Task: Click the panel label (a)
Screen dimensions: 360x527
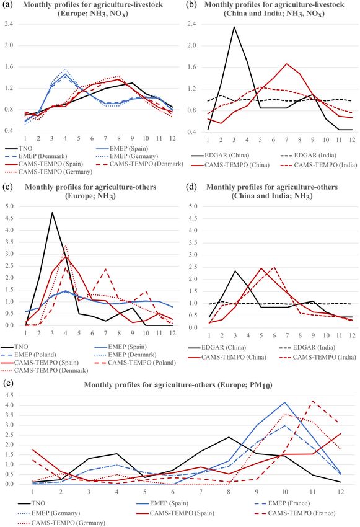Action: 7,4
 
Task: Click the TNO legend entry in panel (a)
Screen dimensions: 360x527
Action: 18,148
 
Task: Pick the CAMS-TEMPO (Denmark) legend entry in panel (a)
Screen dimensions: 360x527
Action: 139,164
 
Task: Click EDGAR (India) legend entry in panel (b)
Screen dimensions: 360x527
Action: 308,155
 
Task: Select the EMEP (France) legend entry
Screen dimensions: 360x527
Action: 282,503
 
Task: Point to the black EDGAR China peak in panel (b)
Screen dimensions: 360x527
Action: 234,27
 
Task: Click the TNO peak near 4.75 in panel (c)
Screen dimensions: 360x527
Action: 52,213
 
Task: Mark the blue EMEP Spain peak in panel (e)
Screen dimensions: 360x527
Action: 285,402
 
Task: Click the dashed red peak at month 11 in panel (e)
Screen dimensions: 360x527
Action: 313,401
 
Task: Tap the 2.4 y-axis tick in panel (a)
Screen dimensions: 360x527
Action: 9,24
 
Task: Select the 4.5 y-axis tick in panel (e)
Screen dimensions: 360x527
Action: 9,396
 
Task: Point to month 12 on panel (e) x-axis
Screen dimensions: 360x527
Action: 341,492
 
